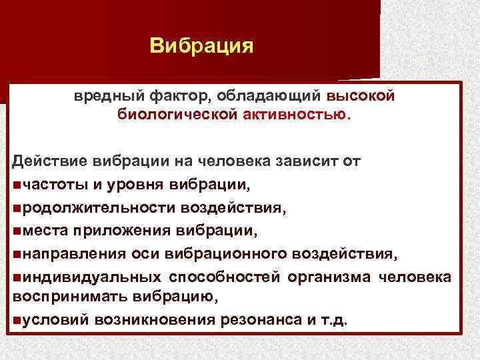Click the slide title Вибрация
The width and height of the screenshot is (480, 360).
201,45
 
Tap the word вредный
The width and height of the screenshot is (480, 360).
103,96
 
